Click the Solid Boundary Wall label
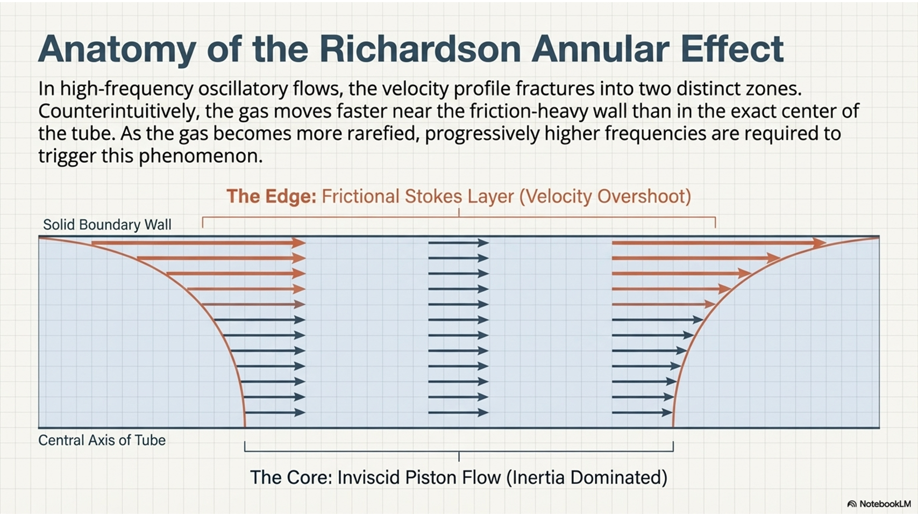pos(107,225)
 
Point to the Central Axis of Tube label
pos(102,440)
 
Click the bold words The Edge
pos(271,196)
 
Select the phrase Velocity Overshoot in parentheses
pos(606,197)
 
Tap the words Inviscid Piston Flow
pos(419,477)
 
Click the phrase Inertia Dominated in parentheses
pos(587,477)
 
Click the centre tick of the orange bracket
pos(459,212)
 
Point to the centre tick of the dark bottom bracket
pos(459,457)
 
